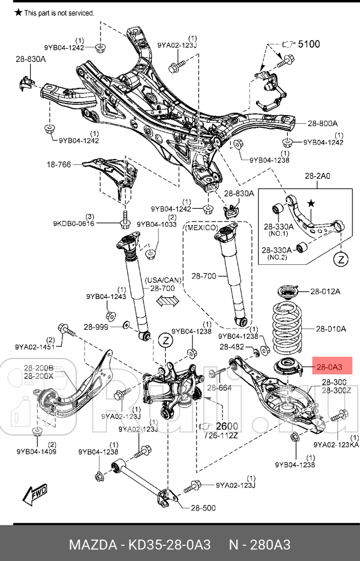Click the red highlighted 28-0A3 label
click(328, 366)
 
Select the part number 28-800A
click(322, 123)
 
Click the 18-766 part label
click(59, 164)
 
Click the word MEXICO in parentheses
click(201, 228)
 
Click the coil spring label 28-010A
click(330, 329)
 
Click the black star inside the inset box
click(311, 204)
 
